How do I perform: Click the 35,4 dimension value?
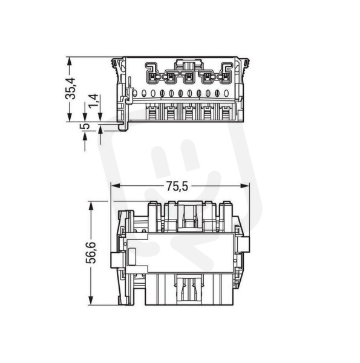70,88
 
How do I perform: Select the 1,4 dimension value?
93,101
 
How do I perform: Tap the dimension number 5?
85,126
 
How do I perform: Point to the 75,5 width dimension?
177,186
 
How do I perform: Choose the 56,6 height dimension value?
91,252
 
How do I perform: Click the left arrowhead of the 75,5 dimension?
116,186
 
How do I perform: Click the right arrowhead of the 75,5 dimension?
245,186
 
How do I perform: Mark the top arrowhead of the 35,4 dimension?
69,61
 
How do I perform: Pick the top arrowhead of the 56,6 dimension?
91,205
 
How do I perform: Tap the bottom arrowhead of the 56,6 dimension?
91,301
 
